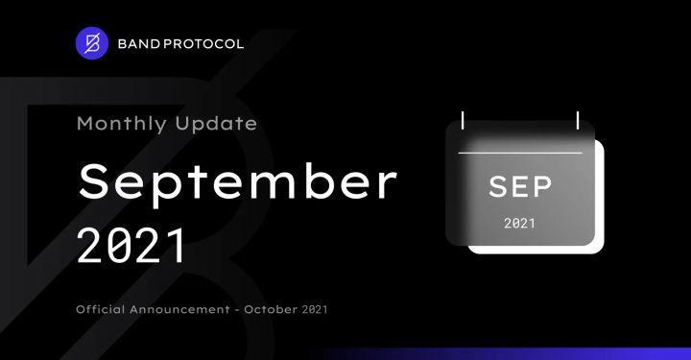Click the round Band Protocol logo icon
click(93, 44)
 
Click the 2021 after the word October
click(321, 309)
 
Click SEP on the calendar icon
click(520, 185)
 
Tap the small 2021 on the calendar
click(520, 224)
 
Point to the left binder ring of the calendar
click(463, 121)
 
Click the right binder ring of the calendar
click(577, 121)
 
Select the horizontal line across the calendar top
click(520, 153)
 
